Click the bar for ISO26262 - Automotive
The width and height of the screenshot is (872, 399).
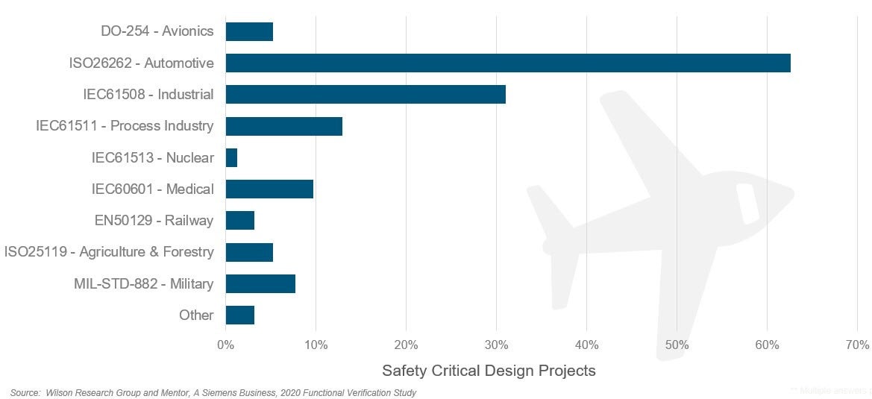[507, 63]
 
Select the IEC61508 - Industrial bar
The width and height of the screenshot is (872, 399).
[366, 95]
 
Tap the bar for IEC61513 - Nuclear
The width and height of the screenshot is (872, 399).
[231, 157]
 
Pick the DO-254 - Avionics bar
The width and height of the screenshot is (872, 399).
[249, 31]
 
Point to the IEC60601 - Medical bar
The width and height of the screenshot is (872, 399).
[269, 189]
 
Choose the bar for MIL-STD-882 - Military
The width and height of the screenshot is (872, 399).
[260, 283]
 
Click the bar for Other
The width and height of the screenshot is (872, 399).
[240, 315]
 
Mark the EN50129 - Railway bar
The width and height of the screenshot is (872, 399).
[240, 221]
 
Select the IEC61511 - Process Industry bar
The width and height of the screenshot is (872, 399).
[283, 126]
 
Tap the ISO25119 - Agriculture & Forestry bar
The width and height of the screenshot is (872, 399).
[249, 252]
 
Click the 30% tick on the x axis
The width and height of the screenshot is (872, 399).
[496, 345]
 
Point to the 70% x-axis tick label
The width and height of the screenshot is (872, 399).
[857, 345]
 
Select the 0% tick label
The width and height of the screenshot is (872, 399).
[225, 345]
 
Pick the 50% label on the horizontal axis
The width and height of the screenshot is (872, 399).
[677, 345]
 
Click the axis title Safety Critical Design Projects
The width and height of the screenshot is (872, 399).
[489, 371]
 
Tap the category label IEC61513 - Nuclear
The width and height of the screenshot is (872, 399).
[152, 157]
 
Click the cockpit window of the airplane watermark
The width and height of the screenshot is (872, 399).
[747, 203]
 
